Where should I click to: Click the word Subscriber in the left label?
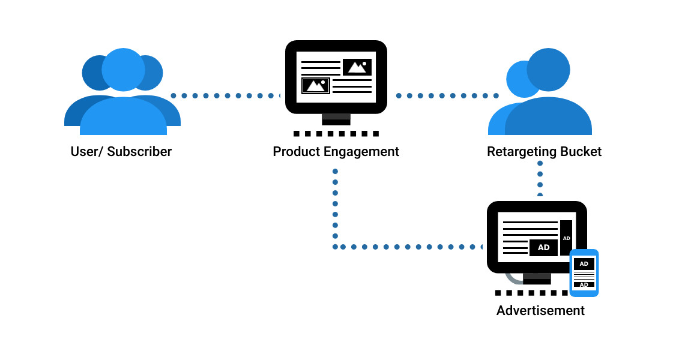(139, 151)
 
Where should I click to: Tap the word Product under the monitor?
(296, 151)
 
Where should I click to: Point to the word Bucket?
(581, 151)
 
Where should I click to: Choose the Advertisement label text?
(540, 311)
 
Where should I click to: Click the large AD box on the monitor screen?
(543, 247)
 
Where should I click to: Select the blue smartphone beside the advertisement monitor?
(584, 273)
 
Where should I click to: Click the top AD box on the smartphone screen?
(584, 263)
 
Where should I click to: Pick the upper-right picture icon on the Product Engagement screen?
(357, 67)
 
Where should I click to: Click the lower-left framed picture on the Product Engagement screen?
(316, 86)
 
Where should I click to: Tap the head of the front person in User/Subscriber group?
(123, 70)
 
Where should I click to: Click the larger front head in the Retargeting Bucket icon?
(548, 69)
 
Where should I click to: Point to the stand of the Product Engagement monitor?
(336, 118)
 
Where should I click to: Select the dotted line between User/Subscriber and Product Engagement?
(226, 95)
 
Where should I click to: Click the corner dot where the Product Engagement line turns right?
(335, 247)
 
